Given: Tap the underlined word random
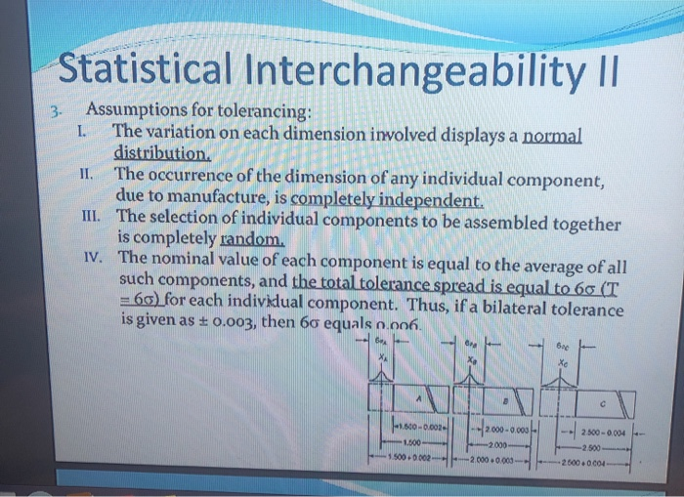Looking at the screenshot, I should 257,243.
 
